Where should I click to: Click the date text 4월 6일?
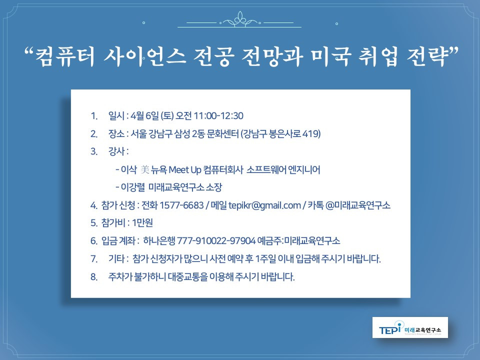click(x=145, y=116)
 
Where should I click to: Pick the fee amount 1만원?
click(x=145, y=223)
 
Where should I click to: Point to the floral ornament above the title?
click(x=240, y=22)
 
